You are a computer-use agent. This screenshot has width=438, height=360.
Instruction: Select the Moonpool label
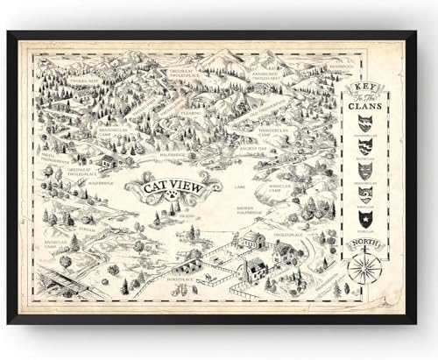[316, 67]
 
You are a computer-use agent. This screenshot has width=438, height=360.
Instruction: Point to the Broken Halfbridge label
[251, 209]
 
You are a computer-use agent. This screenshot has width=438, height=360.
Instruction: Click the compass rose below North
[364, 266]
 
